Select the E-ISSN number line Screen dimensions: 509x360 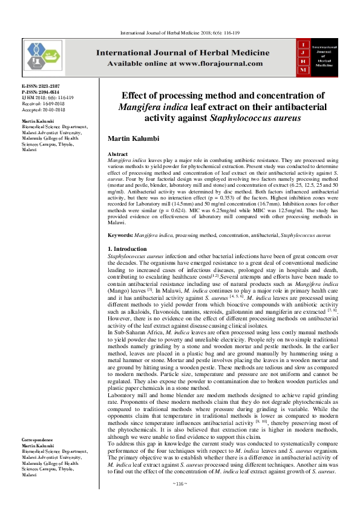click(x=41, y=87)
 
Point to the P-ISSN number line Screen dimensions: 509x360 click(x=41, y=92)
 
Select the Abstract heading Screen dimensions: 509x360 click(x=118, y=155)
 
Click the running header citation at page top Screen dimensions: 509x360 click(x=180, y=31)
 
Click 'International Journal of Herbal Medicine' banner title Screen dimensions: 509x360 click(x=185, y=53)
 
